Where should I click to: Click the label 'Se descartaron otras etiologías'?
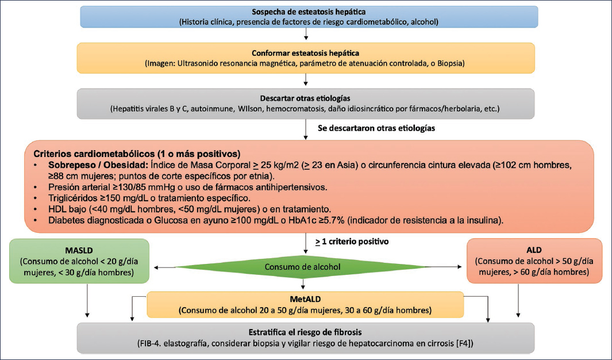[376, 129]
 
